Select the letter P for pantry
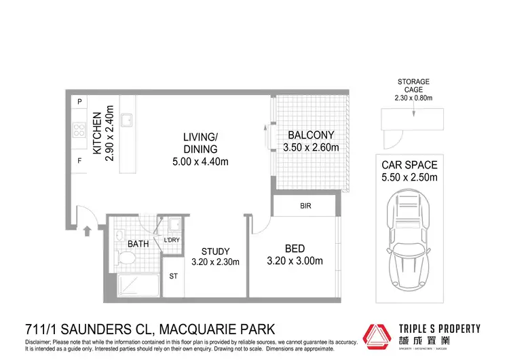coord(79,102)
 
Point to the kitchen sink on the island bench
coord(126,120)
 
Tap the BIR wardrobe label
coord(305,206)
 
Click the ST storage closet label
coord(174,277)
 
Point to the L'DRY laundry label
coord(172,240)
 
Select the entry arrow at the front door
coord(87,232)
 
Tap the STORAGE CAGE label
coord(413,86)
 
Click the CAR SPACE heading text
coord(409,165)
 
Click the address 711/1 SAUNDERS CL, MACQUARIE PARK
coord(148,328)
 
